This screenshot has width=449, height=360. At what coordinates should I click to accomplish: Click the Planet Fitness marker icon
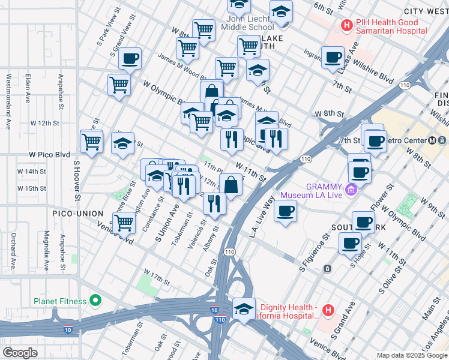[95, 301]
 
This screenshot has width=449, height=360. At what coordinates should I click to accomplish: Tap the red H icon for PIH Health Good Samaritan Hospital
[346, 25]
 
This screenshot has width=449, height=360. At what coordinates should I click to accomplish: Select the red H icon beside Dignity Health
[328, 310]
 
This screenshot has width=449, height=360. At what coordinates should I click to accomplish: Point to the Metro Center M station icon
[433, 140]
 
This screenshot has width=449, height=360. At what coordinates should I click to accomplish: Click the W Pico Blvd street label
[50, 154]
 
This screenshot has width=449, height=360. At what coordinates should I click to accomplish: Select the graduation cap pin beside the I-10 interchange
[244, 308]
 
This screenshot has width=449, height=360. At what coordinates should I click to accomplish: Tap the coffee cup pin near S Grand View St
[130, 59]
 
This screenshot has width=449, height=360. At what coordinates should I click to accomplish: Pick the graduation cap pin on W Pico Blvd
[122, 143]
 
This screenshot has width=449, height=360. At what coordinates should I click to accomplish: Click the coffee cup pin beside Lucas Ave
[333, 57]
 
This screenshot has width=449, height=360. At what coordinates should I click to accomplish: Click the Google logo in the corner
[20, 353]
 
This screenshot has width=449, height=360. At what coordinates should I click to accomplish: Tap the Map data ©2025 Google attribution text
[411, 355]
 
